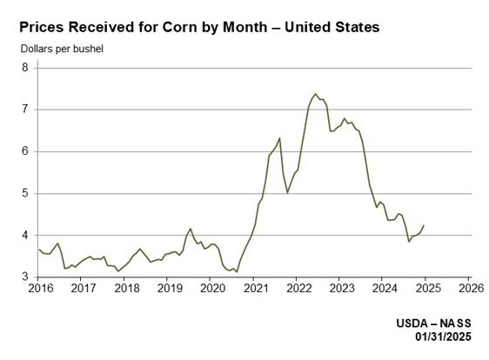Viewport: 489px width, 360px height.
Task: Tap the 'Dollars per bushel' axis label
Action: click(62, 48)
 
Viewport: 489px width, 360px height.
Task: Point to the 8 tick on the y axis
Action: click(25, 68)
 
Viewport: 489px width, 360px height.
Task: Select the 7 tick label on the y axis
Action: click(25, 110)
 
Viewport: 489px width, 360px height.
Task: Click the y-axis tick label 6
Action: click(25, 151)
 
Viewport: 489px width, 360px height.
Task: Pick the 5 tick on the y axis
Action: click(25, 193)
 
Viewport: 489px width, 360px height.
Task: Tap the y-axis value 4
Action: click(25, 236)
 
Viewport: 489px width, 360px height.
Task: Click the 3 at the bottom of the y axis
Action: click(25, 277)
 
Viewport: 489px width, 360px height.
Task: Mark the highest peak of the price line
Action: click(315, 94)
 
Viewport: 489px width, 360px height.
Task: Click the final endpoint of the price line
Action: click(424, 225)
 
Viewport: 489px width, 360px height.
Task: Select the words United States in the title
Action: click(337, 28)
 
